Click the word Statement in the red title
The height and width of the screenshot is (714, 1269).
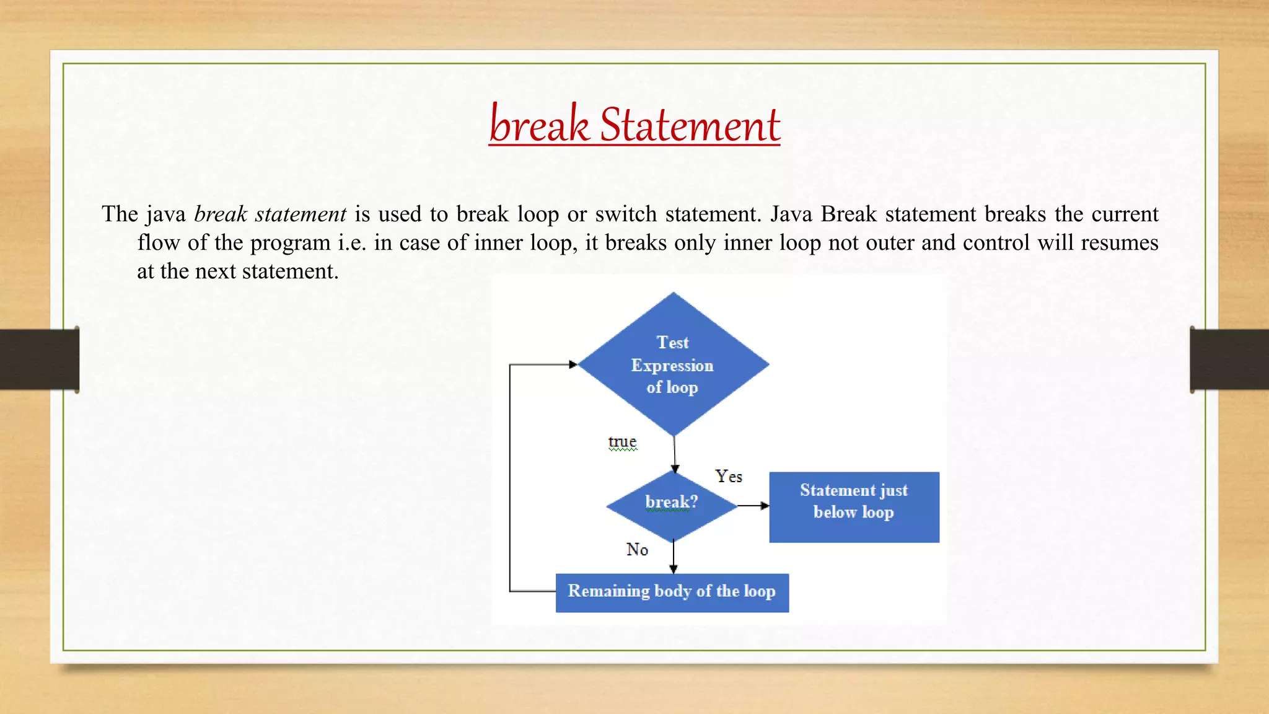pyautogui.click(x=690, y=125)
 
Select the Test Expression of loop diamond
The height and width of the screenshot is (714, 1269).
pyautogui.click(x=673, y=364)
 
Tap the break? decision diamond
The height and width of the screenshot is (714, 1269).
pyautogui.click(x=672, y=505)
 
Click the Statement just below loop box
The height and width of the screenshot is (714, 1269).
pyautogui.click(x=854, y=507)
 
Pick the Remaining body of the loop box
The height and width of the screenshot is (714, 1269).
pyautogui.click(x=672, y=593)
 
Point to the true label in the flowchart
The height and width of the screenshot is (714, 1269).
pyautogui.click(x=622, y=442)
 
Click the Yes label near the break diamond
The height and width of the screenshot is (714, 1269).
pyautogui.click(x=728, y=477)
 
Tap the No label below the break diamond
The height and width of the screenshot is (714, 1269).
pyautogui.click(x=637, y=550)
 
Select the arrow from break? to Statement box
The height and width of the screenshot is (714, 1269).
pyautogui.click(x=753, y=506)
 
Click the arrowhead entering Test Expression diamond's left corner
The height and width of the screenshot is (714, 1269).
pyautogui.click(x=573, y=364)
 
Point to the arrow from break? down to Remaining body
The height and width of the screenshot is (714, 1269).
pyautogui.click(x=674, y=557)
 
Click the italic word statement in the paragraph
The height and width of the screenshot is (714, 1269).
pyautogui.click(x=301, y=214)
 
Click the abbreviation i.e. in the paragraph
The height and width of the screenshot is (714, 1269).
pyautogui.click(x=352, y=243)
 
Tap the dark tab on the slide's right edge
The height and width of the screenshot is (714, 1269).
pyautogui.click(x=1229, y=359)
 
